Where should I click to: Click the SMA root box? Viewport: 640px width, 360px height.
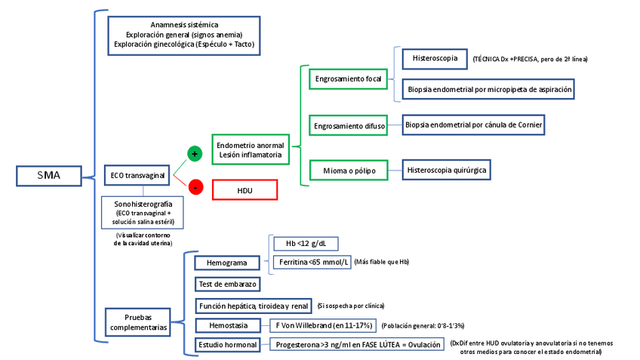(x=48, y=177)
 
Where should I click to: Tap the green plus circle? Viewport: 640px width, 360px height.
(x=195, y=154)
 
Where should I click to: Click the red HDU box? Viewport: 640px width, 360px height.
(x=245, y=190)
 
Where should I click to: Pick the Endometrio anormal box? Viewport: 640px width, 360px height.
(x=250, y=149)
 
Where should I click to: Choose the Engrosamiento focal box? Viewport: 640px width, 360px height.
(x=348, y=78)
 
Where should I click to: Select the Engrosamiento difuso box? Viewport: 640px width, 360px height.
(x=349, y=125)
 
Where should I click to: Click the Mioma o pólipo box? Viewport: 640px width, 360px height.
(x=349, y=171)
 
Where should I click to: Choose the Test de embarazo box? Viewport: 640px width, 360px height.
(x=227, y=285)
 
